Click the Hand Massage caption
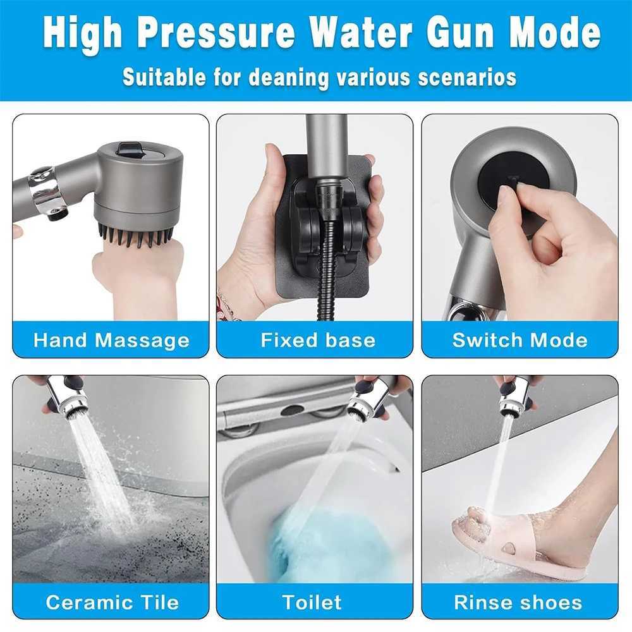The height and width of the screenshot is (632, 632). coord(111,340)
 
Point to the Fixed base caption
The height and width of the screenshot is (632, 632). coord(318,340)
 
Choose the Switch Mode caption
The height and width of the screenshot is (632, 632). coord(520,340)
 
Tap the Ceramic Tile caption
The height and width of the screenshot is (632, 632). coord(112,602)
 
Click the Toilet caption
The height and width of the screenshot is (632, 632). coord(312,602)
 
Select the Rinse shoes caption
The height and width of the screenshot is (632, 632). coord(520,602)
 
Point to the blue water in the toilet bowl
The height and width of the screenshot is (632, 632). coord(316,544)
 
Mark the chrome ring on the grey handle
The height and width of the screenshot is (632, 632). coord(47,190)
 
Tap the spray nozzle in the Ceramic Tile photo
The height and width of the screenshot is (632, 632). coord(73,401)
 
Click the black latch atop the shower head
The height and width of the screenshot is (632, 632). coord(130,149)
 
